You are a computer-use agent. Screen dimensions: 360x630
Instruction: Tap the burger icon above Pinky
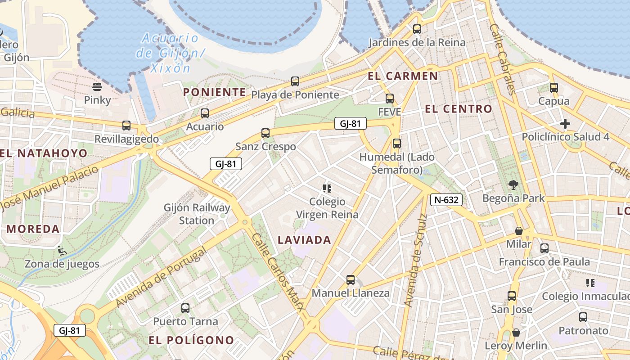tap(97, 86)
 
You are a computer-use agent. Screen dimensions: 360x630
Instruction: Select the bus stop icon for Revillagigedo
tap(126, 126)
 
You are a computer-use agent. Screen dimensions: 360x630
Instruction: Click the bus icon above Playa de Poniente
tap(295, 81)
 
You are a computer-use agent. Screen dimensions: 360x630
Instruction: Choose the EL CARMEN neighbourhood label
tap(403, 76)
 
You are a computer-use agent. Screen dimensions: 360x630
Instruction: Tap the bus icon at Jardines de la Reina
tap(417, 29)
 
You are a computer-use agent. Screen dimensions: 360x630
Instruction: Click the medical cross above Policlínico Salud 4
tap(565, 123)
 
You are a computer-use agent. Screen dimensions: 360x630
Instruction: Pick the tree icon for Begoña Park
tap(513, 184)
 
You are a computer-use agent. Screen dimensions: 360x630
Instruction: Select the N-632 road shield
tap(446, 200)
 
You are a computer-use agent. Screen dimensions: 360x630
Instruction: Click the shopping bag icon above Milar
tap(519, 231)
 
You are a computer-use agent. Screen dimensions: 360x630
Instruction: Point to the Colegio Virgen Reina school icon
tap(327, 188)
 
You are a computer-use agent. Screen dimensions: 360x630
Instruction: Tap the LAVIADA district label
tap(305, 240)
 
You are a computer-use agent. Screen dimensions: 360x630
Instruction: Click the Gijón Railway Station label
tap(197, 214)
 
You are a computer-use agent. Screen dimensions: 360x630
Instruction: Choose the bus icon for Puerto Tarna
tap(185, 308)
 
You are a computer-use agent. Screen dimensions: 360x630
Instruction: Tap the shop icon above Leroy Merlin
tap(516, 333)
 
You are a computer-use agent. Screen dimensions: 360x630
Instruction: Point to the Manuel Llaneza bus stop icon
tap(351, 280)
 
